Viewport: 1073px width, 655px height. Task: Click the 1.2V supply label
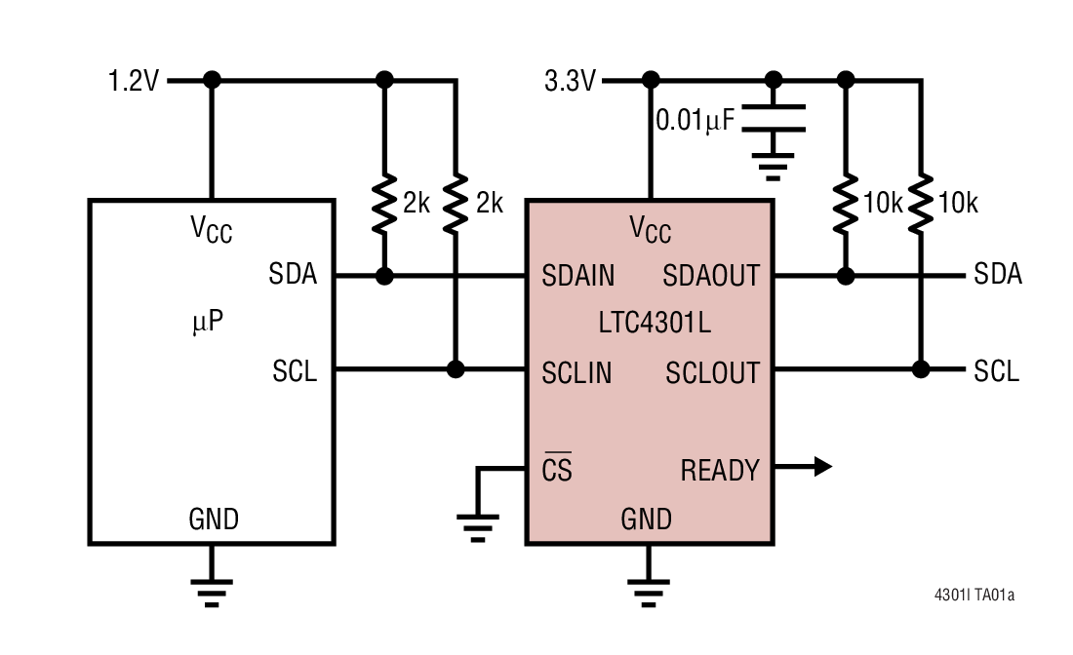134,81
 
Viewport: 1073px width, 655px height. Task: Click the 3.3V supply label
570,81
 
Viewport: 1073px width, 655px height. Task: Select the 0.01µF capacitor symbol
774,117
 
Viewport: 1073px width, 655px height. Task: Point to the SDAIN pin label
578,277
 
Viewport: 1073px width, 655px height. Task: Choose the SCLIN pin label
576,371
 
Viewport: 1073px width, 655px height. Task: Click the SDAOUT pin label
711,277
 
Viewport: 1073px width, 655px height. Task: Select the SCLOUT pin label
712,371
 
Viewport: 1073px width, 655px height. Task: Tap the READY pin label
720,471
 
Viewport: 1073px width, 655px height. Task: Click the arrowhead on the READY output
821,467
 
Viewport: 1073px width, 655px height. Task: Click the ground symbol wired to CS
477,526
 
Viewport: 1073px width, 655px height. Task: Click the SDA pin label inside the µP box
294,275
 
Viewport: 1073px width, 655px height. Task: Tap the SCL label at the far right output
996,371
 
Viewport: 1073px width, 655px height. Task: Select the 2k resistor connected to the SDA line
384,203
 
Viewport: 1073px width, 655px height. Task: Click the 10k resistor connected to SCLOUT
919,203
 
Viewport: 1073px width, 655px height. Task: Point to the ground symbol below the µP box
211,588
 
